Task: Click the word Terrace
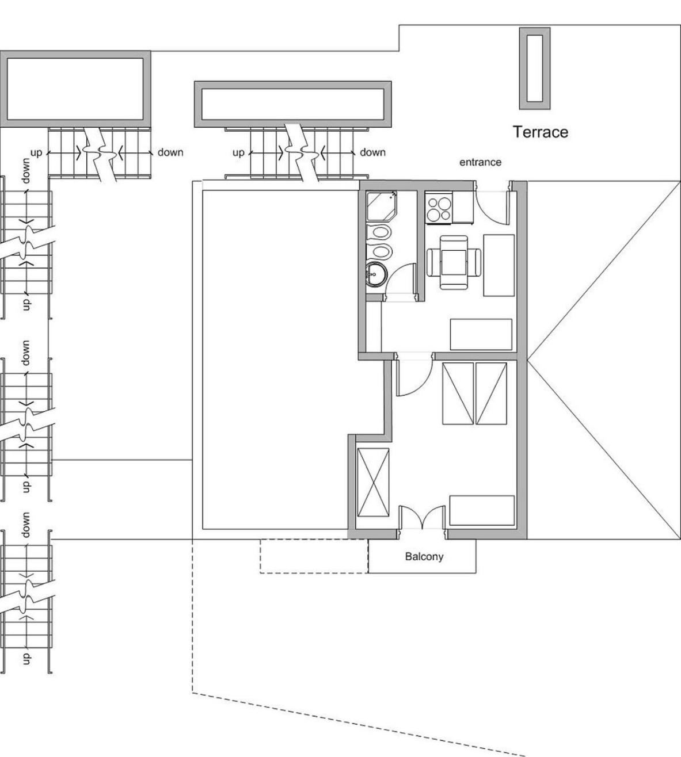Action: tap(541, 132)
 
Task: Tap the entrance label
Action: tap(481, 162)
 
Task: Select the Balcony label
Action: tap(424, 557)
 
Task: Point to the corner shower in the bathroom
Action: tap(381, 206)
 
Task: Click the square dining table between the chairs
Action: tap(454, 263)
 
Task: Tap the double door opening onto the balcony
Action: tap(423, 517)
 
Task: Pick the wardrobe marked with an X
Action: tap(373, 482)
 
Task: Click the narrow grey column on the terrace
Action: tap(534, 68)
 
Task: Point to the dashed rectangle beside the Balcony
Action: tap(314, 556)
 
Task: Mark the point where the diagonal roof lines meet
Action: tap(527, 360)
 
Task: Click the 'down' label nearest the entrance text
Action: tap(372, 152)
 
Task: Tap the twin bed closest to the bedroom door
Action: tap(458, 393)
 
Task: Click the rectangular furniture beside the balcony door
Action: tap(482, 511)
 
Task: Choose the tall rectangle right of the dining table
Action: tap(499, 265)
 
